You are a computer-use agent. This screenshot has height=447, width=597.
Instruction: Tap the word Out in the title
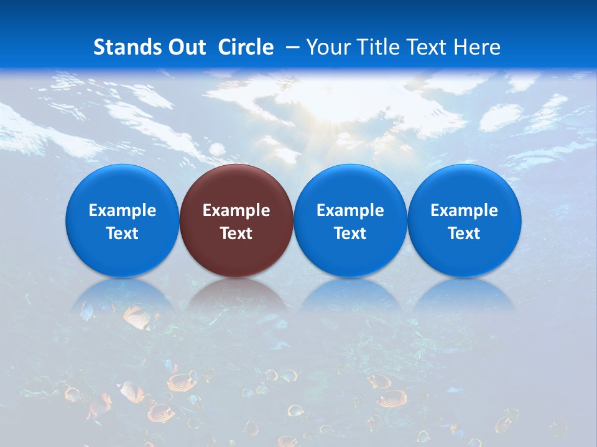[x=185, y=47]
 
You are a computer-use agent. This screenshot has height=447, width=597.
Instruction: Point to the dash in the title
[x=292, y=47]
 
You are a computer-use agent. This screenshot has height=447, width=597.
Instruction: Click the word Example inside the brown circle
[x=236, y=210]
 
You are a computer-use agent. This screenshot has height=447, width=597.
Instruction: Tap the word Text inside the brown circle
[x=236, y=233]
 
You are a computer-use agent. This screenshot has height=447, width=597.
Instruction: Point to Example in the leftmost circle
[x=122, y=210]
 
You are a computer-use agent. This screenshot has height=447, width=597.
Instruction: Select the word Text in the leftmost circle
[x=122, y=233]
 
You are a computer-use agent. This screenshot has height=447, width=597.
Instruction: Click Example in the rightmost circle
[x=465, y=210]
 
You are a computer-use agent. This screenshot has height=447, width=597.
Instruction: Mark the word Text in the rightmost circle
[x=465, y=233]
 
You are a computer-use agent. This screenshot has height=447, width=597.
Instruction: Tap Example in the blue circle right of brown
[x=350, y=210]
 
